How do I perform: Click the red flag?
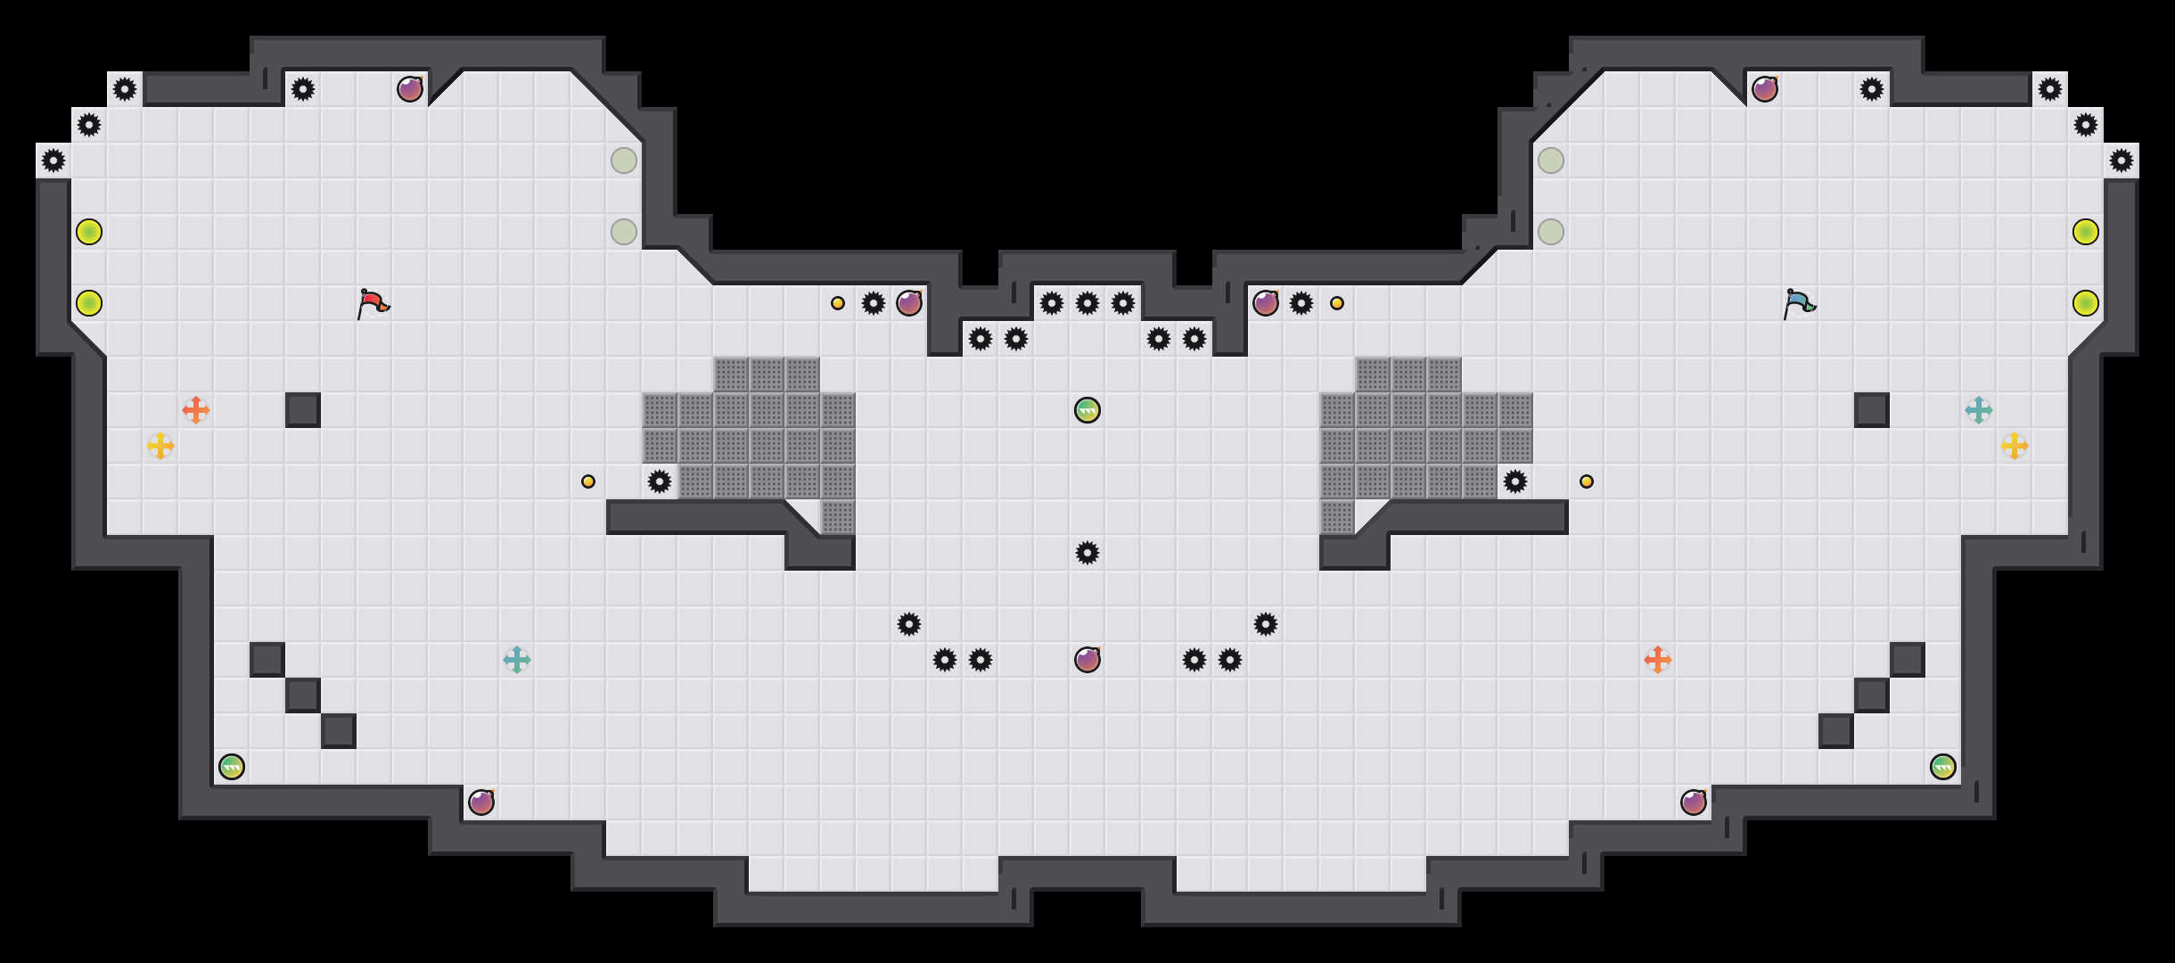click(373, 303)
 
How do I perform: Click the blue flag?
click(1799, 303)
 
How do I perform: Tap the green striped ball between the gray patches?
click(1087, 410)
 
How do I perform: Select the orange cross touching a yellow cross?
click(196, 410)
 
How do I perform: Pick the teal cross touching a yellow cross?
click(1979, 410)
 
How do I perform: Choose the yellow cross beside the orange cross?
click(160, 446)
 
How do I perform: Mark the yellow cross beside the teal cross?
click(2015, 446)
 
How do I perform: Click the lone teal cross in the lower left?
click(517, 660)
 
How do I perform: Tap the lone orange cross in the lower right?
click(1658, 660)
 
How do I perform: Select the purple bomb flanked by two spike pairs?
click(1087, 660)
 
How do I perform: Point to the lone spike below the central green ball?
click(1087, 553)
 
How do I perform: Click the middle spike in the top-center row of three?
click(1087, 303)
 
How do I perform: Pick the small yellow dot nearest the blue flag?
click(1587, 481)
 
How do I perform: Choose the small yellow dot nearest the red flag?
click(588, 481)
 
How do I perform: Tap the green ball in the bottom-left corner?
click(232, 767)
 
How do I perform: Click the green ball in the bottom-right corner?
click(1943, 767)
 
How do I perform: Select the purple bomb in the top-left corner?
click(410, 89)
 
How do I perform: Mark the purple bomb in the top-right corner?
click(1765, 89)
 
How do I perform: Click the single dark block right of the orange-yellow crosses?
click(303, 410)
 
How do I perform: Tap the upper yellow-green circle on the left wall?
click(89, 232)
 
